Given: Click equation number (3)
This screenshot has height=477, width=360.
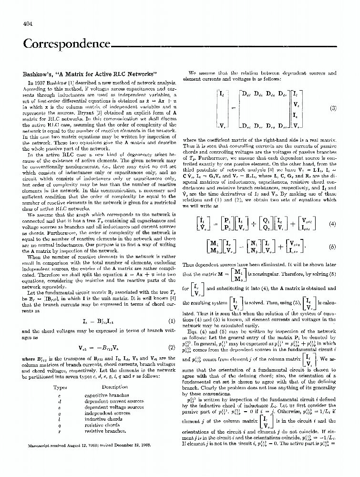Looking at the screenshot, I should click(333, 108).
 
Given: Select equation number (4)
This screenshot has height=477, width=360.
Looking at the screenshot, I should click(333, 223).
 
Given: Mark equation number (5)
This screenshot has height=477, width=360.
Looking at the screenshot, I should click(333, 247).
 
